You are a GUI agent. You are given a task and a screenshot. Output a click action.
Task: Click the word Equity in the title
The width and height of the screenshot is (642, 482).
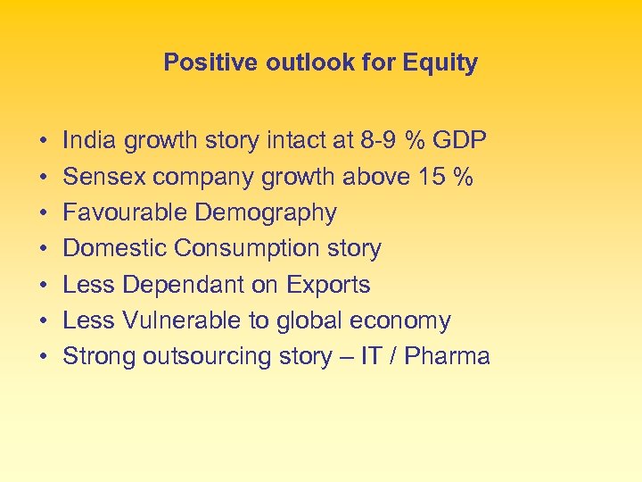(x=440, y=63)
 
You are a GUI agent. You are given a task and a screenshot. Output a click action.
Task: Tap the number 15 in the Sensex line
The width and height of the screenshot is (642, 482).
(x=432, y=177)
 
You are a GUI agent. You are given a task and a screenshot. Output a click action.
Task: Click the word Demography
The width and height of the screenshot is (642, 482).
(x=267, y=212)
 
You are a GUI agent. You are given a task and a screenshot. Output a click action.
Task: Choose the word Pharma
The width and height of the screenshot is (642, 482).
(x=448, y=356)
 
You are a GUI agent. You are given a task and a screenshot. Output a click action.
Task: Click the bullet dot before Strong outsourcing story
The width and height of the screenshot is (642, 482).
(x=43, y=357)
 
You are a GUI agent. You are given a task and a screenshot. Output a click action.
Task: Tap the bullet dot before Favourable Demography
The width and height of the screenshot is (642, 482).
(x=43, y=213)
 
